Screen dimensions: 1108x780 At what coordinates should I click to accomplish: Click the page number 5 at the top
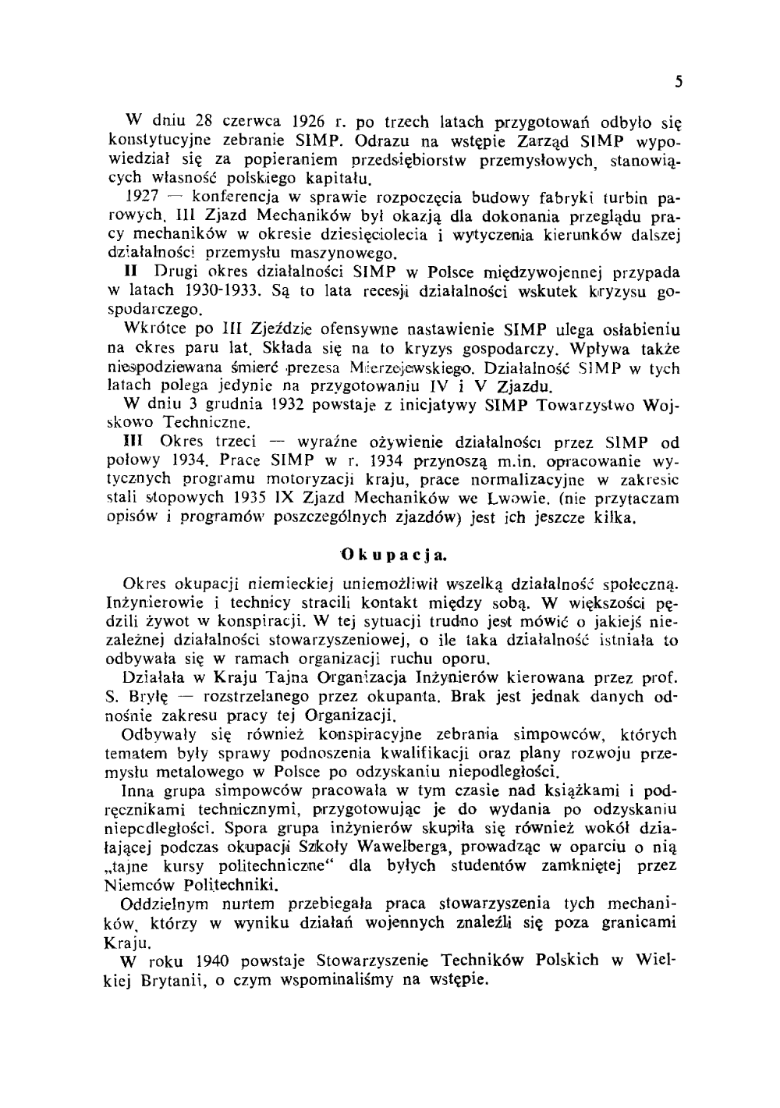tap(679, 81)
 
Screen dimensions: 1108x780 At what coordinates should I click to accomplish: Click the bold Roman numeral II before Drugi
tap(132, 272)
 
